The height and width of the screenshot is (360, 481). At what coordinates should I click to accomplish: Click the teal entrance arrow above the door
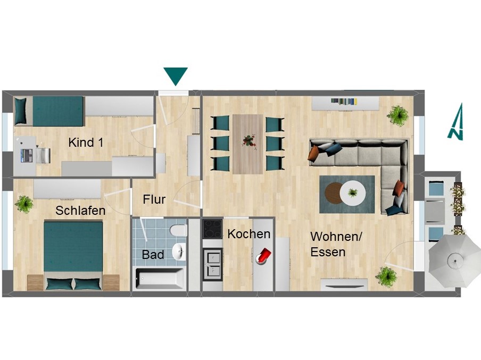pos(176,76)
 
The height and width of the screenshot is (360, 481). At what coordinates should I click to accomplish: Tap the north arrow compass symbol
pos(456,122)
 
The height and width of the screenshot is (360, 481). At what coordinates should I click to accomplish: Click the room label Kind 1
pos(86,143)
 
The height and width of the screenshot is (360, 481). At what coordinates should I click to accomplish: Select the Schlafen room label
pos(80,211)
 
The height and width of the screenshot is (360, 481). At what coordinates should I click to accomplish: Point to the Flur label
pos(154,199)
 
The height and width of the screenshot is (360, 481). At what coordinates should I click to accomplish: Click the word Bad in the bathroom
pos(153,255)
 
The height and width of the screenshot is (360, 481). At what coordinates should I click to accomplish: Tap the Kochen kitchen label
pos(249,234)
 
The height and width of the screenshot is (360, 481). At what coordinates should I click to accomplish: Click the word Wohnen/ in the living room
pos(336,237)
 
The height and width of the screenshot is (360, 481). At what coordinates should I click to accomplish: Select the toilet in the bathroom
pos(178,231)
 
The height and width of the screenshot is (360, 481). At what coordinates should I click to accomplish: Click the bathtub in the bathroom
pos(160,279)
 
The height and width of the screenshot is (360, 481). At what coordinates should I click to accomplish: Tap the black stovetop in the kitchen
pos(212,229)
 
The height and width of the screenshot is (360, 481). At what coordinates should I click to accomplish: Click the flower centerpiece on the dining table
pos(250,142)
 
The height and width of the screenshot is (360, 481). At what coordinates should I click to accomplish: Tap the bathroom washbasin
pos(179,252)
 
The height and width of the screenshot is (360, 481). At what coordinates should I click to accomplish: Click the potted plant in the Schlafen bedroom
pos(24,204)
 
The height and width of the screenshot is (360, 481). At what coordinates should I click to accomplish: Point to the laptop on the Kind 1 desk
pos(27,155)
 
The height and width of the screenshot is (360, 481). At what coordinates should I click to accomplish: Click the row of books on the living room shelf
pos(344,102)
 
